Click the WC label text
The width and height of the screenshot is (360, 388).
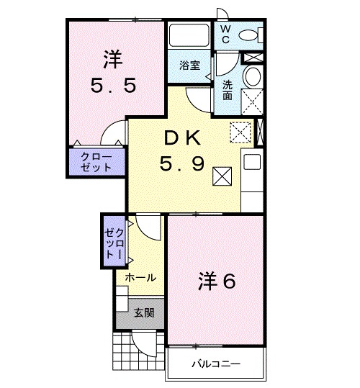pyautogui.click(x=225, y=34)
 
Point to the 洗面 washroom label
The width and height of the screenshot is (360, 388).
pyautogui.click(x=228, y=89)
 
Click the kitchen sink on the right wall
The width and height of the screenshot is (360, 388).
pyautogui.click(x=252, y=163)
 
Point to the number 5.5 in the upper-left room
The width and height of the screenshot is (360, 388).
pyautogui.click(x=113, y=86)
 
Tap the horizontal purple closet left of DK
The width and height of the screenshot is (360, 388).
pyautogui.click(x=96, y=162)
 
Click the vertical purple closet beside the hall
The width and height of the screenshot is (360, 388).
pyautogui.click(x=114, y=241)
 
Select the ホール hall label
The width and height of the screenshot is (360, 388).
pyautogui.click(x=140, y=277)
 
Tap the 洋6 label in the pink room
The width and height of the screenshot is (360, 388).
pyautogui.click(x=217, y=281)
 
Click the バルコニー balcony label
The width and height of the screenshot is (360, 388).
pyautogui.click(x=215, y=364)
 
